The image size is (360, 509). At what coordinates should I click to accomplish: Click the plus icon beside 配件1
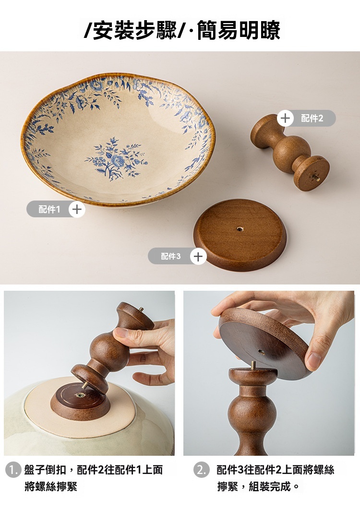77,209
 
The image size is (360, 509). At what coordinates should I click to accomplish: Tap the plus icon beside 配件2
285,118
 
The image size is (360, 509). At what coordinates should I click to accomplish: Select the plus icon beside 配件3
198,257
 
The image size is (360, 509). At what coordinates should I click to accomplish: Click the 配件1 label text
49,209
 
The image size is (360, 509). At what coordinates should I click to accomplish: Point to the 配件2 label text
312,118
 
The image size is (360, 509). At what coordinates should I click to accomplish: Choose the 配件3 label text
170,257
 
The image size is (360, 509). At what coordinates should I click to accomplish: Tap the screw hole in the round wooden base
240,229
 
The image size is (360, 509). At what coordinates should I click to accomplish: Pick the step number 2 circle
201,470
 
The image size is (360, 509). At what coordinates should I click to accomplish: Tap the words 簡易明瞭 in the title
239,30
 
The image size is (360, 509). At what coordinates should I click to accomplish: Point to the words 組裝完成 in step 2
270,486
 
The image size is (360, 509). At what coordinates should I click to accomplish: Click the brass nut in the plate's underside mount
80,395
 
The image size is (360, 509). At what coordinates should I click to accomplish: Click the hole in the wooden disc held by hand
262,352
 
